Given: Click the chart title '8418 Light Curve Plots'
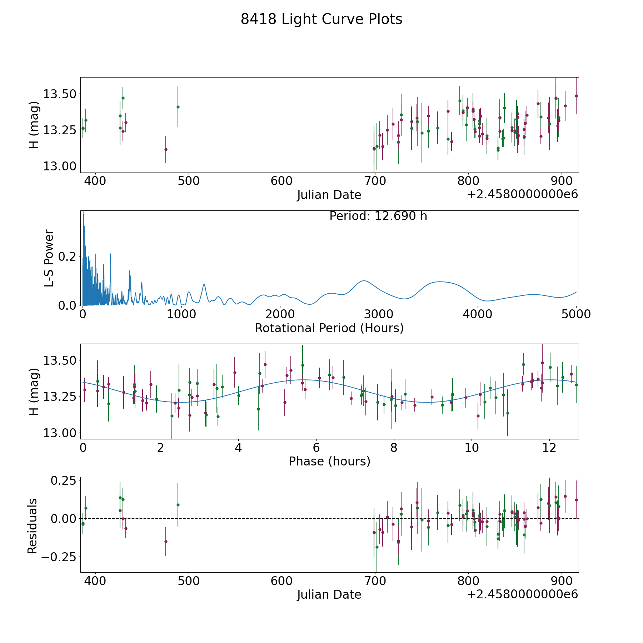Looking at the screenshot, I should tap(321, 19).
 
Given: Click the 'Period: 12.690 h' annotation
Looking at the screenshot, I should tap(378, 216).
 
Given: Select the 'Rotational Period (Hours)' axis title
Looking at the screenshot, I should tap(329, 328).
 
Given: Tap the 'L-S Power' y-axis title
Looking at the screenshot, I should tap(49, 258).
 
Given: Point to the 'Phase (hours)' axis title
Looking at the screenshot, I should tap(329, 461).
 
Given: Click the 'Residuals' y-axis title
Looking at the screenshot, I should tap(33, 526).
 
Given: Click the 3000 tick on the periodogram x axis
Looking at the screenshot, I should tap(378, 314).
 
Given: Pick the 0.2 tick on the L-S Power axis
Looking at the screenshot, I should tap(68, 256).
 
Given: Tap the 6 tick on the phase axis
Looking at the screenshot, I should tap(316, 448).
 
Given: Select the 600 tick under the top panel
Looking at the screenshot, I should tap(281, 181).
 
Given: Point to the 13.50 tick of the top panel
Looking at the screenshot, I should tap(60, 94).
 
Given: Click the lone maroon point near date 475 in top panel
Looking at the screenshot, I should tap(166, 149).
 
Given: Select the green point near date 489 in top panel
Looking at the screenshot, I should tap(178, 107).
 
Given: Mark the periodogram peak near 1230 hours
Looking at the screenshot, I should tap(204, 284).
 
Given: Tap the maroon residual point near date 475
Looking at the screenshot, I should tap(166, 542).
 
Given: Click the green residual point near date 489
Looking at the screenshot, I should tap(178, 505).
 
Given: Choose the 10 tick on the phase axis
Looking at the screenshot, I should tap(472, 448).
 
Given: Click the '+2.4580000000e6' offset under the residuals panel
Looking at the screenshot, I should tap(522, 594).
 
